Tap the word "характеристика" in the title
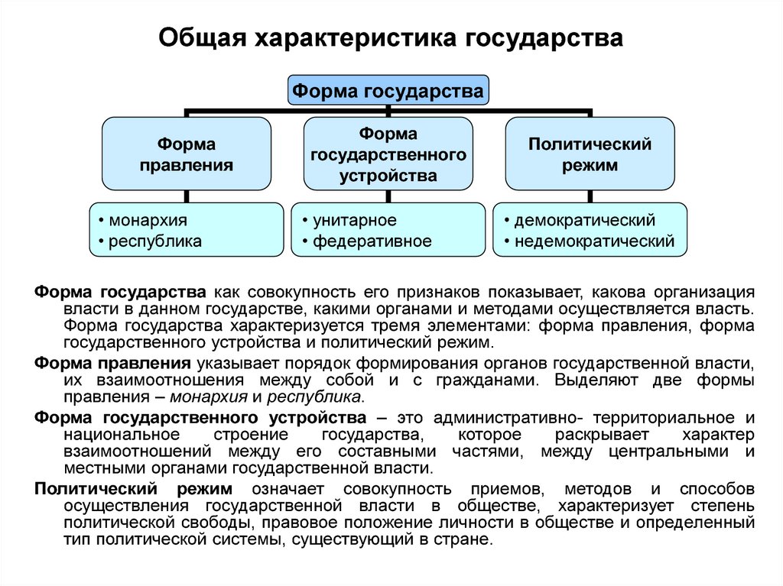tap(356, 38)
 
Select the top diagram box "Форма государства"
tap(388, 90)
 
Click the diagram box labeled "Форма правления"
tap(187, 154)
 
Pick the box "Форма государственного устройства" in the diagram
tap(388, 154)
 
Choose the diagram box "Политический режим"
tap(590, 154)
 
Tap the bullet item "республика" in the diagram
tap(154, 241)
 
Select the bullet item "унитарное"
tap(355, 220)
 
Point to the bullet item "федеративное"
tap(372, 241)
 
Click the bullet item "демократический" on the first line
tap(585, 220)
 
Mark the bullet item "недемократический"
tap(594, 241)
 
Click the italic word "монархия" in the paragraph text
tap(209, 397)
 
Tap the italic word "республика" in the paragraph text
tap(314, 397)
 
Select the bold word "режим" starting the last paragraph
tap(204, 489)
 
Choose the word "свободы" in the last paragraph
tap(218, 523)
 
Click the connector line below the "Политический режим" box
tap(590, 196)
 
